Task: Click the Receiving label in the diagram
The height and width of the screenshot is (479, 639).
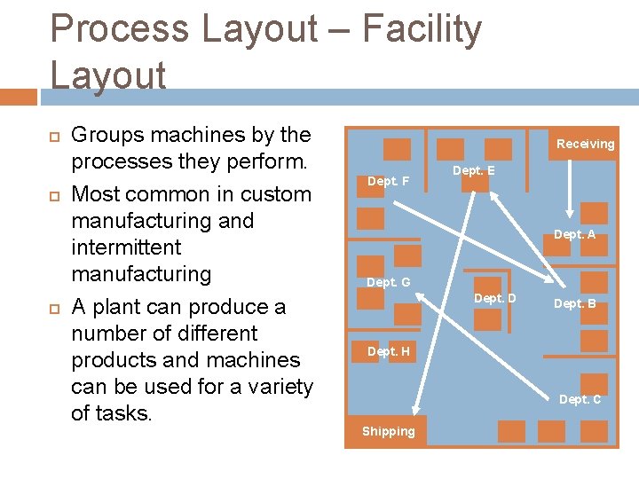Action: tap(585, 144)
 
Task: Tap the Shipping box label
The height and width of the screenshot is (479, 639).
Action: tap(388, 431)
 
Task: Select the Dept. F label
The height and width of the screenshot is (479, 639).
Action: tap(388, 181)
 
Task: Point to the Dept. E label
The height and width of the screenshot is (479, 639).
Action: tap(474, 170)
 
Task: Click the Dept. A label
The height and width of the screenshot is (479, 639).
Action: tap(574, 234)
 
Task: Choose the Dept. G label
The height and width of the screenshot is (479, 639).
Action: tap(388, 282)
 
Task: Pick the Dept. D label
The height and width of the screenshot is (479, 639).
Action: tap(494, 298)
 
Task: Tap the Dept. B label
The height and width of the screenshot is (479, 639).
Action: tap(574, 303)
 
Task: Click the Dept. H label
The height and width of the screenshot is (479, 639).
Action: tap(388, 351)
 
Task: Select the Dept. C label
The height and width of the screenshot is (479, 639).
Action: tap(580, 399)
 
